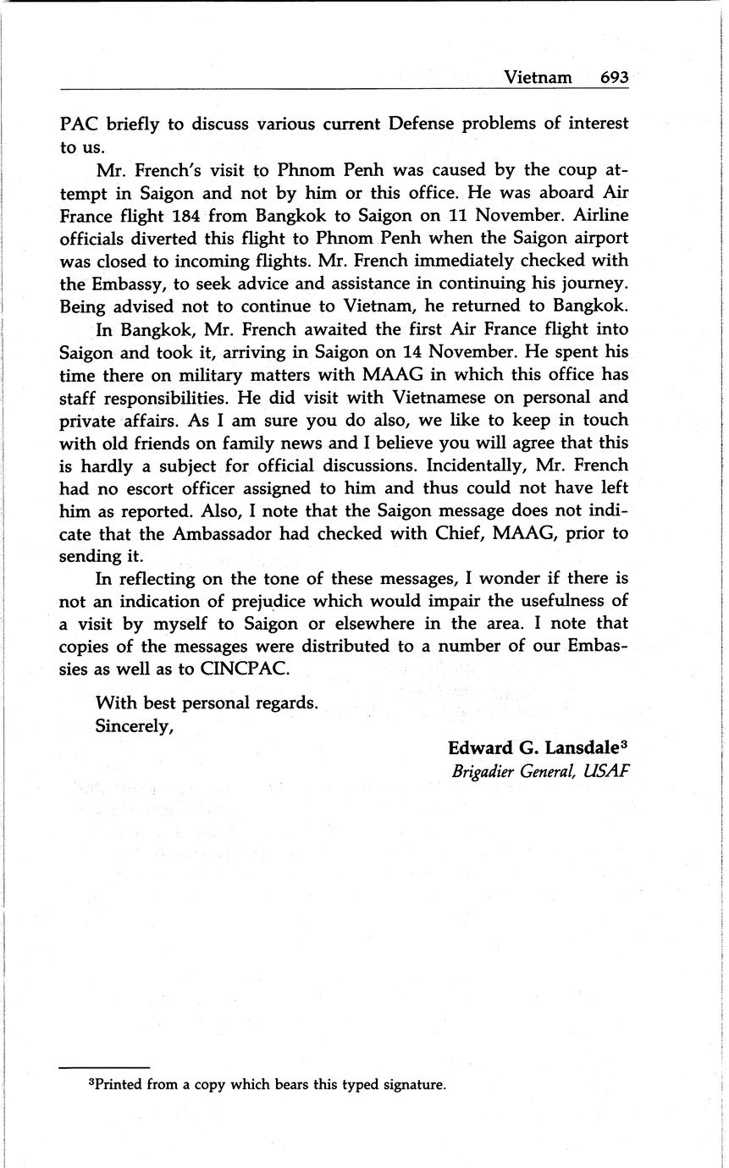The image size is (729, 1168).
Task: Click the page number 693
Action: [614, 77]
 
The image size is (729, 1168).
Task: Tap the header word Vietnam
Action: [538, 77]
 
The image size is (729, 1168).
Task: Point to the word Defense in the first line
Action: [421, 124]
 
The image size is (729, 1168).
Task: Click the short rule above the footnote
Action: [104, 1067]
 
